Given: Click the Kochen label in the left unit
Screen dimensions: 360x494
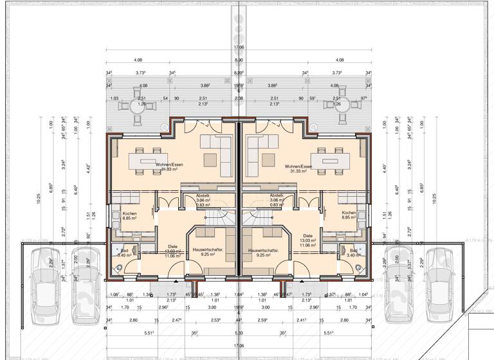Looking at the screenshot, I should pyautogui.click(x=130, y=213).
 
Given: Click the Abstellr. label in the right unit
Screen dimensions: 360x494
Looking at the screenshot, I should pyautogui.click(x=277, y=195).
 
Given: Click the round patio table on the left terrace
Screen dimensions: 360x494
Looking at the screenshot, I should pyautogui.click(x=138, y=107).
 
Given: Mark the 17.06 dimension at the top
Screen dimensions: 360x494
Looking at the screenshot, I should pyautogui.click(x=239, y=48).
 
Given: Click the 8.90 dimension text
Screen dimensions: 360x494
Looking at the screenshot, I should pyautogui.click(x=239, y=60).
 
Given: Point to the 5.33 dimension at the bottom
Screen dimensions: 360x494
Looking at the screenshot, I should pyautogui.click(x=239, y=333).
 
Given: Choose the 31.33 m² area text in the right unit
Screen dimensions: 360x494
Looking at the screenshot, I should pyautogui.click(x=300, y=172).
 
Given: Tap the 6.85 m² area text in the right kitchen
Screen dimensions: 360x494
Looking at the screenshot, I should pyautogui.click(x=349, y=219).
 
